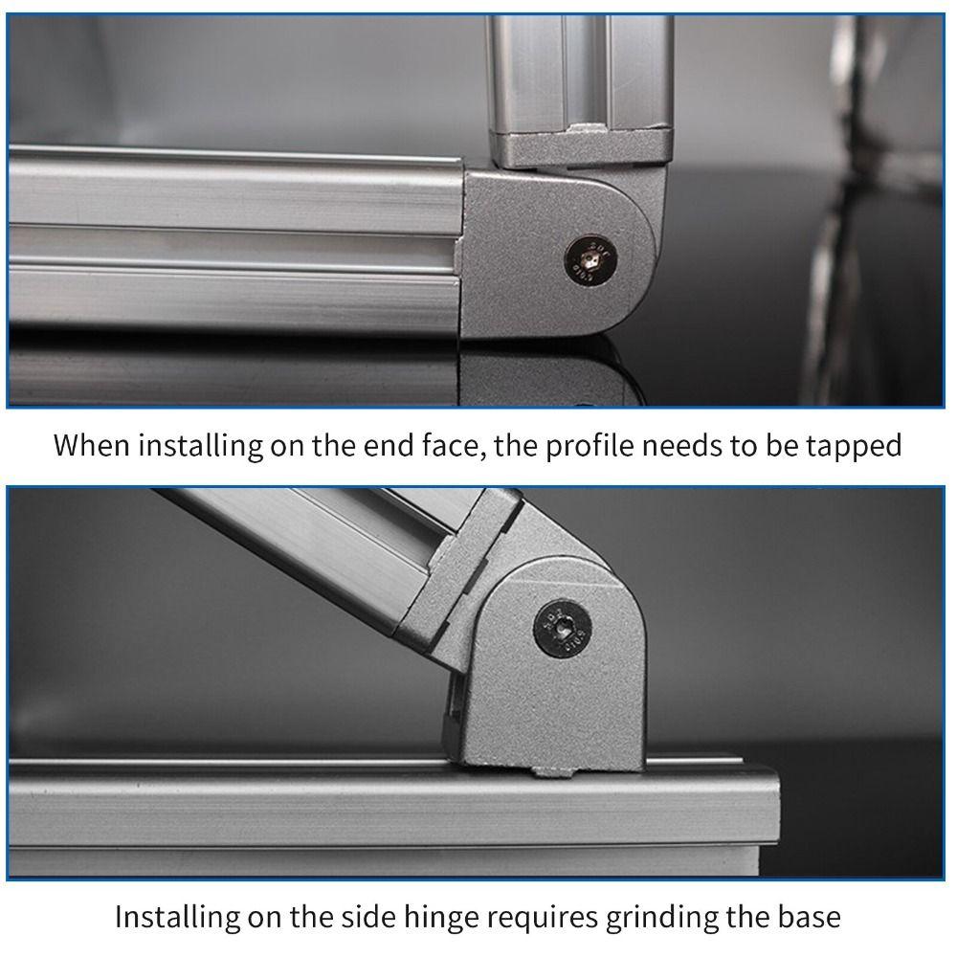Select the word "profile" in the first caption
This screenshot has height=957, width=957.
tap(590, 446)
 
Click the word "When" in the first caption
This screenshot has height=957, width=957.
tap(93, 446)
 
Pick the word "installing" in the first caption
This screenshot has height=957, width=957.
tap(189, 446)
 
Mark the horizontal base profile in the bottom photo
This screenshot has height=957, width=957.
tap(383, 813)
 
